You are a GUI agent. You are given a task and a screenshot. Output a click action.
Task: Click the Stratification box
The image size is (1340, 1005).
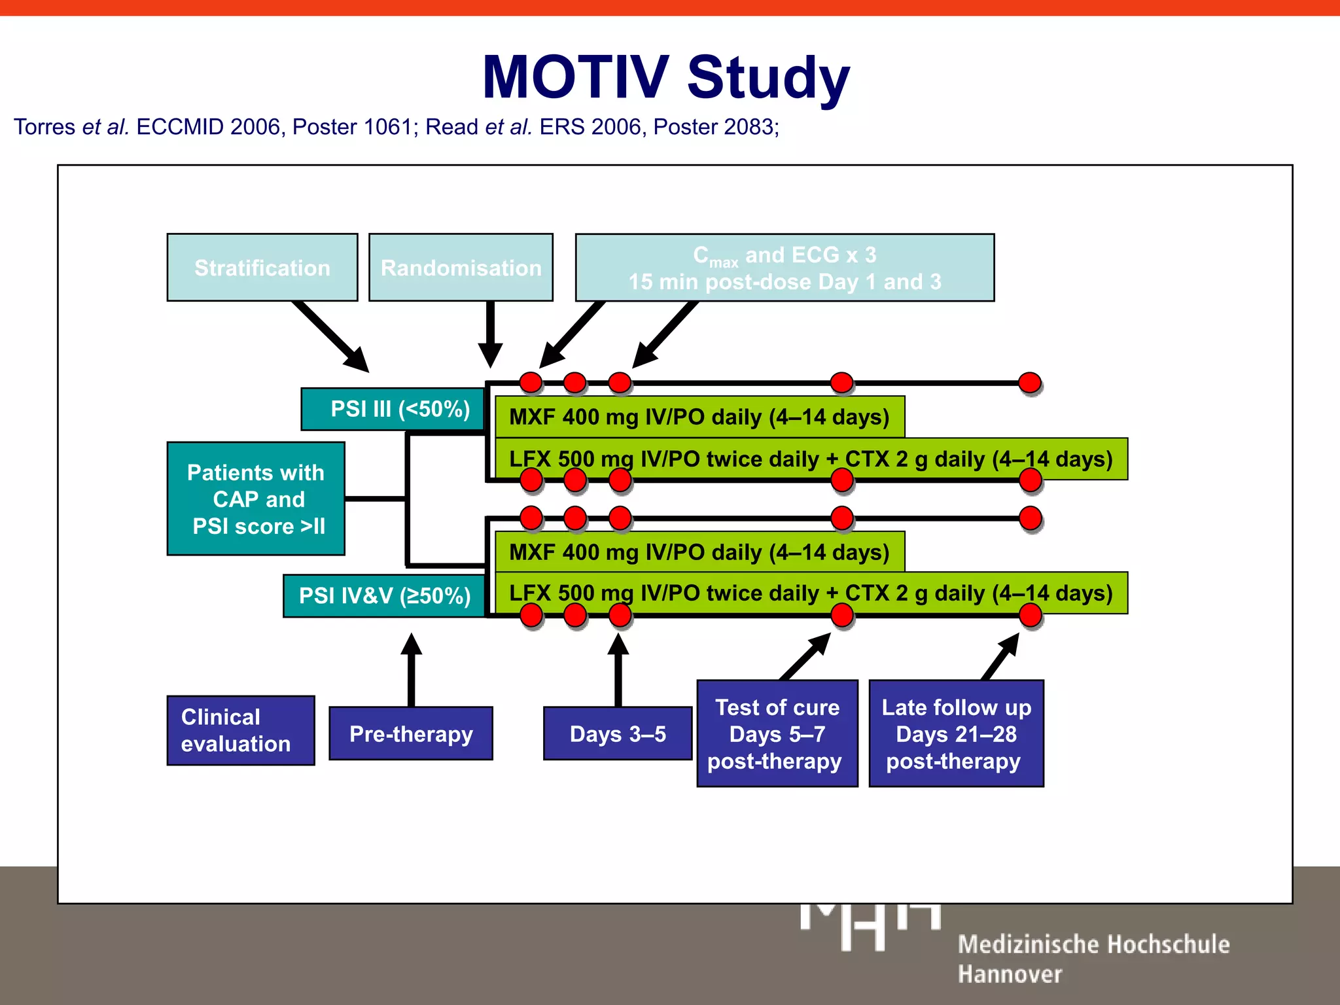click(262, 267)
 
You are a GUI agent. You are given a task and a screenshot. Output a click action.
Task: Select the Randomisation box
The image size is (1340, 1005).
click(461, 267)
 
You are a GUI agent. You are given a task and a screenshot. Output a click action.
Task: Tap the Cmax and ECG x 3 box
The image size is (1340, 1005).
click(785, 267)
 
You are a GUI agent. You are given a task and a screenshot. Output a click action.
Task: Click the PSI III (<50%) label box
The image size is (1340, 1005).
click(393, 409)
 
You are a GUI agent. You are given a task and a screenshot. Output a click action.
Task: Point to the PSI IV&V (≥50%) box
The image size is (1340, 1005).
click(385, 595)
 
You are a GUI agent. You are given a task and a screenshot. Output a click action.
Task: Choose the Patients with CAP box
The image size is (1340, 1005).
click(256, 499)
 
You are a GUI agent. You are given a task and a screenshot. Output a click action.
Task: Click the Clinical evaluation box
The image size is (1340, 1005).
click(240, 730)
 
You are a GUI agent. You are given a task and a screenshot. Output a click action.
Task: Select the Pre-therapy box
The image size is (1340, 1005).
click(410, 733)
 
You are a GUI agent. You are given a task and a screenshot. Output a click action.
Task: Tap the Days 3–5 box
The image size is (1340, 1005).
click(617, 733)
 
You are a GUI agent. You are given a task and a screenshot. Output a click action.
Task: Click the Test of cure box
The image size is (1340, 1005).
click(777, 733)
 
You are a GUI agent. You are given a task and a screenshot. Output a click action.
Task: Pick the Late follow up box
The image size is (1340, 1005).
click(956, 733)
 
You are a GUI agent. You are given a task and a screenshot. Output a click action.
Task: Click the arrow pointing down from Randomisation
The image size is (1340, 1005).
click(490, 334)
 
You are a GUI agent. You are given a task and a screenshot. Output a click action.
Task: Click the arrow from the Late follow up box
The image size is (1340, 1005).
click(1000, 656)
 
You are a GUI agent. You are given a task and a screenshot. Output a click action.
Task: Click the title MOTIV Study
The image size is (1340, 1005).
click(665, 77)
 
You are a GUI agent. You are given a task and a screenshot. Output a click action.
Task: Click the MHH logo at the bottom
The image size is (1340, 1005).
click(870, 925)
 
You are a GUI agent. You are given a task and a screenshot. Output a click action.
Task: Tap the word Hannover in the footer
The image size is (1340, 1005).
click(1010, 974)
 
